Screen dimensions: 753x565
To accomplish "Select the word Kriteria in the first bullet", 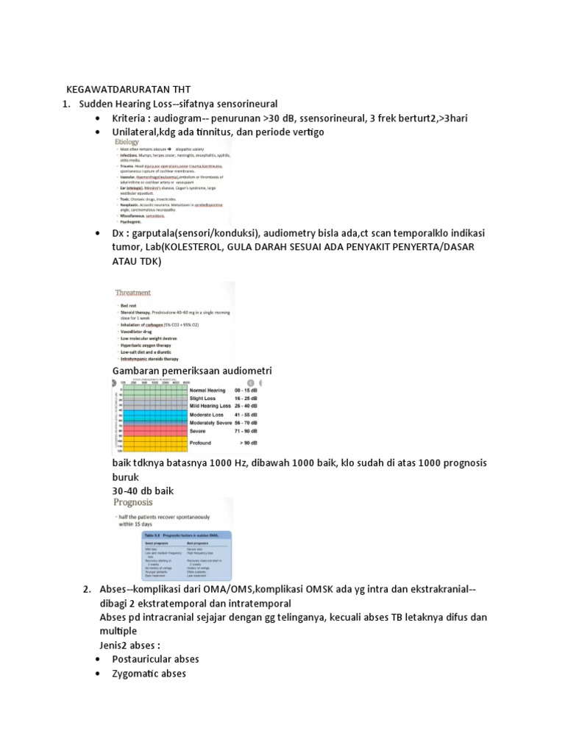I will click(x=129, y=118).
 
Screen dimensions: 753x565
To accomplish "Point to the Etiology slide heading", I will click(x=129, y=142).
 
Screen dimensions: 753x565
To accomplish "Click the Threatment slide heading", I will click(x=133, y=292).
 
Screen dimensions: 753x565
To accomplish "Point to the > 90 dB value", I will click(x=246, y=443).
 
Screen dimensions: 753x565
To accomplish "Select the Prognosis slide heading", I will click(x=132, y=502).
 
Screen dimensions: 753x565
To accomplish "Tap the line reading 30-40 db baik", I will click(x=143, y=490).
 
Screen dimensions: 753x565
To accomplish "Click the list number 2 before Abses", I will click(x=86, y=590).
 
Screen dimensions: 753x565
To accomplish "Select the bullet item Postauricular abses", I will click(x=155, y=659).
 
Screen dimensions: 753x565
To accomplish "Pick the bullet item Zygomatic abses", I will click(x=149, y=673).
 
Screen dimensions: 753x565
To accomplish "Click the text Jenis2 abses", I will click(x=130, y=645).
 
